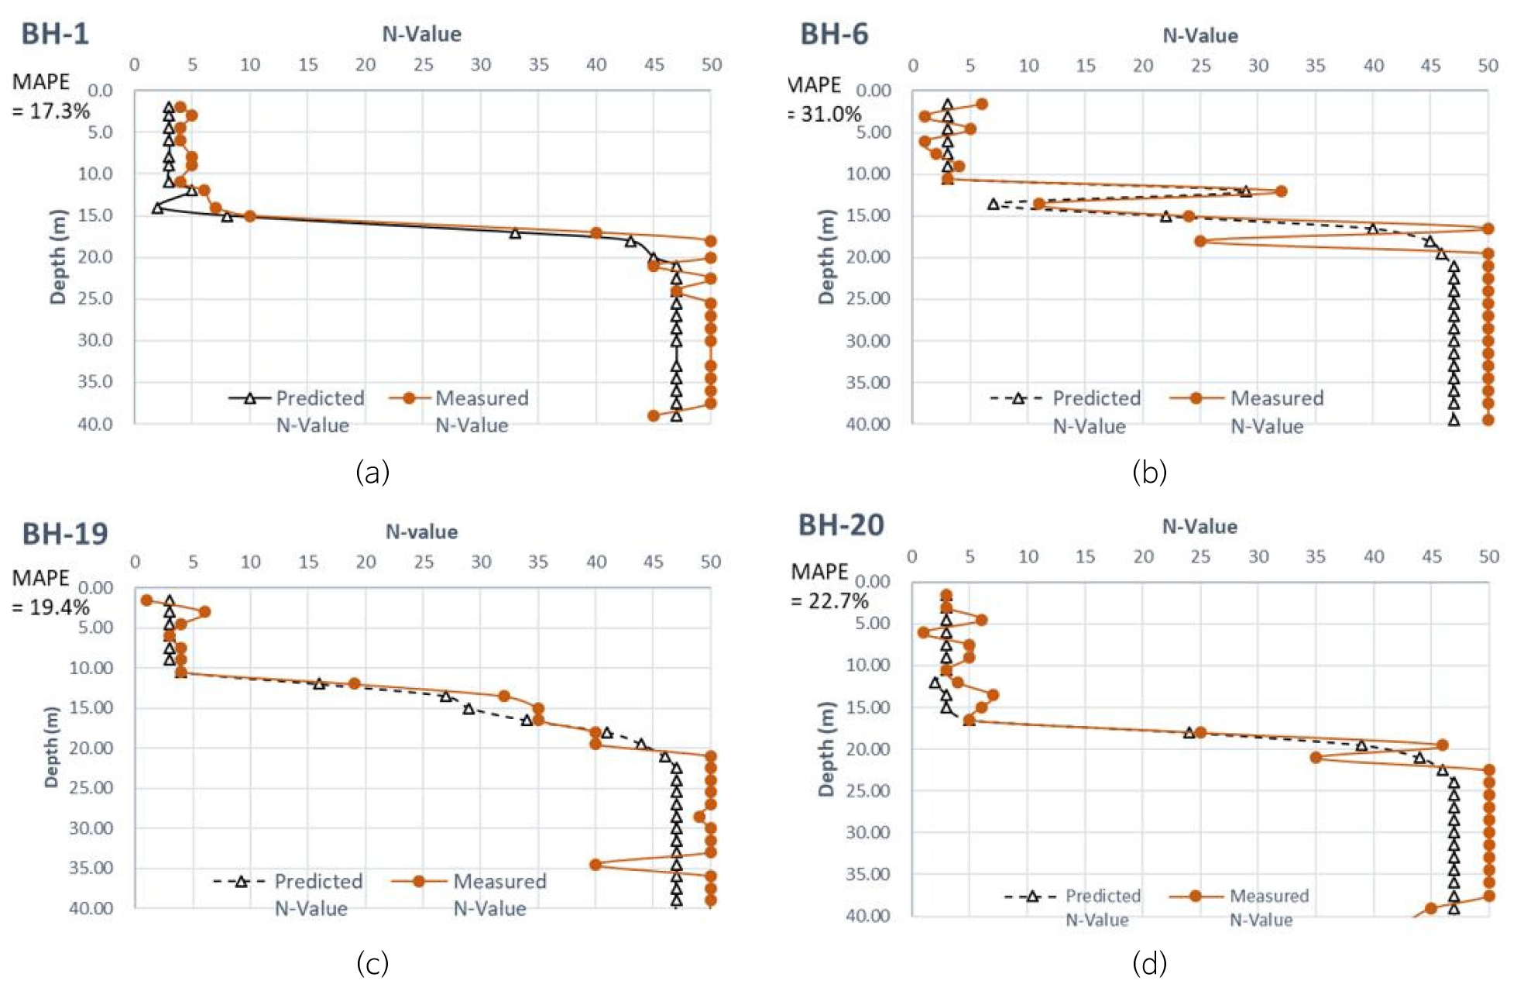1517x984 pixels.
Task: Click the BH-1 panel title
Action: (x=55, y=34)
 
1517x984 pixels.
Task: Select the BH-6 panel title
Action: (x=834, y=35)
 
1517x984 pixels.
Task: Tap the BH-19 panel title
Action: (x=65, y=534)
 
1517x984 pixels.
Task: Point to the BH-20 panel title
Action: (x=841, y=525)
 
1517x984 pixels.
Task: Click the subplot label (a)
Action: (x=372, y=471)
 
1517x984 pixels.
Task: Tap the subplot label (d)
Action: (x=1149, y=963)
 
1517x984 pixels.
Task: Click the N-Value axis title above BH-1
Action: (x=421, y=34)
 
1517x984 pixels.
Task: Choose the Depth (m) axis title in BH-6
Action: (x=826, y=256)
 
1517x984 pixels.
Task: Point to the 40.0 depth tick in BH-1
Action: (x=95, y=424)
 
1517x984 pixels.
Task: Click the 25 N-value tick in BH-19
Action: (x=423, y=562)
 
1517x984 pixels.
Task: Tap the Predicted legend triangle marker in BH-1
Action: (x=249, y=398)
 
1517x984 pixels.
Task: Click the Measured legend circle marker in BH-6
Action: (x=1196, y=398)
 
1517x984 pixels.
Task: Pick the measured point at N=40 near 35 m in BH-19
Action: (x=595, y=864)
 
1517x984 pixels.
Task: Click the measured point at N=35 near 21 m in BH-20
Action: (x=1316, y=757)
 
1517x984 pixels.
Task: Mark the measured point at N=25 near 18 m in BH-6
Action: (x=1200, y=241)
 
